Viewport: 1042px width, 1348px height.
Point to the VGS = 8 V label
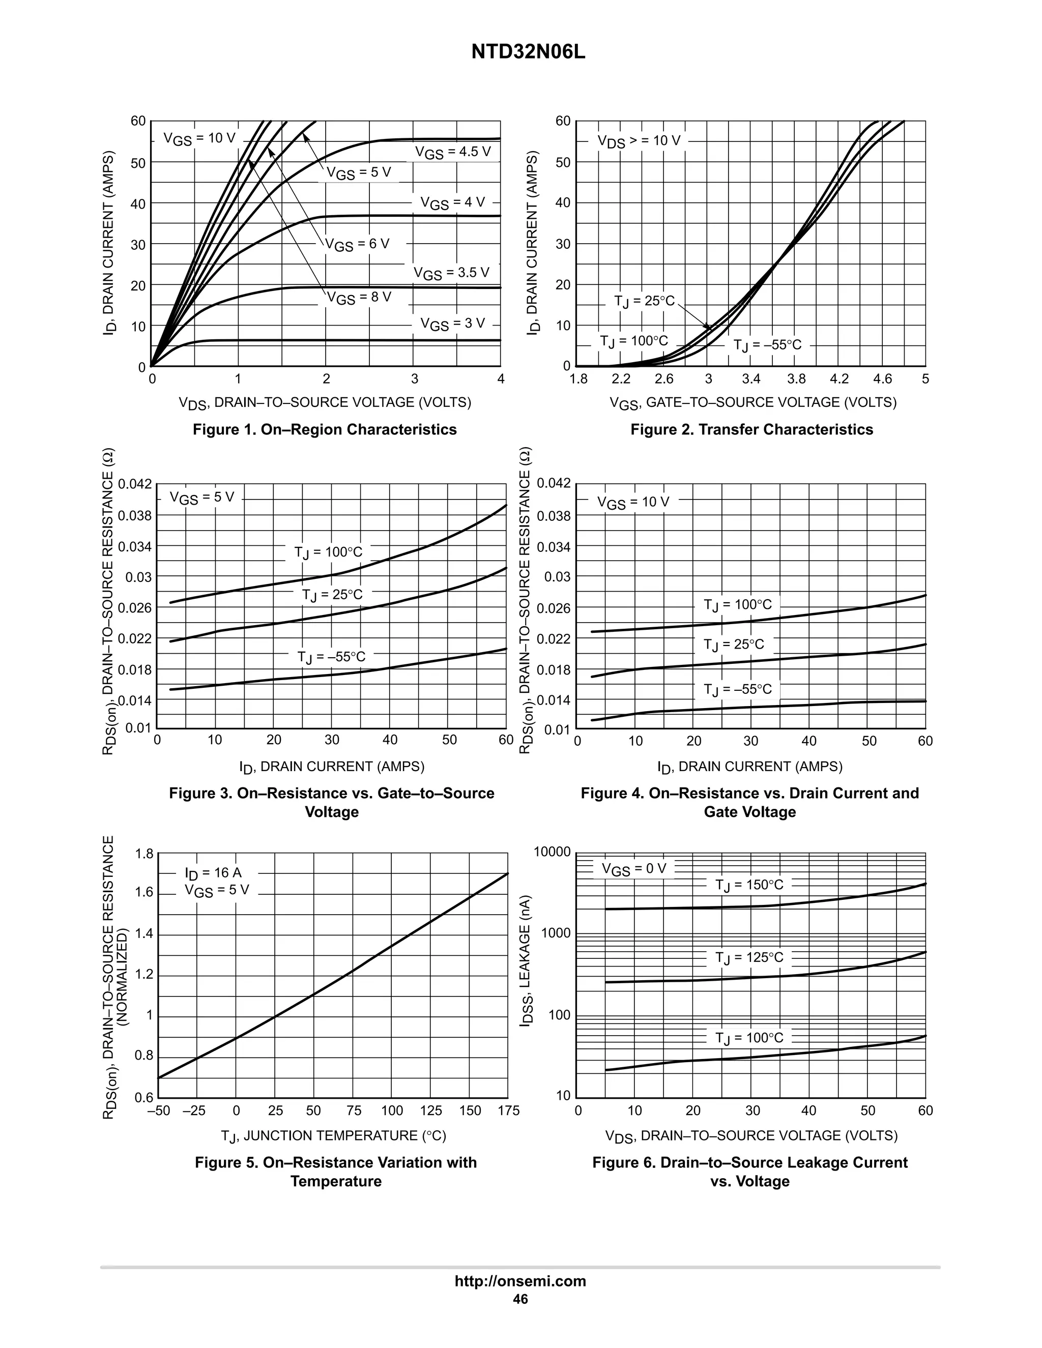[x=359, y=298]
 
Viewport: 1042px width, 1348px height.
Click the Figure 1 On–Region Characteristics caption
[x=325, y=430]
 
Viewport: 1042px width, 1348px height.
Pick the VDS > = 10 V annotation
[x=639, y=141]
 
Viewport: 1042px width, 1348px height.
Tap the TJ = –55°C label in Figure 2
[x=767, y=344]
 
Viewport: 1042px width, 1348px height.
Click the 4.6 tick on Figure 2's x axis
[x=883, y=379]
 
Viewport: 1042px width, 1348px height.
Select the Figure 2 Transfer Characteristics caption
[x=751, y=430]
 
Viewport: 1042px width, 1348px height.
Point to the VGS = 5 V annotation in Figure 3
[x=202, y=497]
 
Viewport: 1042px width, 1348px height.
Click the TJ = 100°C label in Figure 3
[x=328, y=552]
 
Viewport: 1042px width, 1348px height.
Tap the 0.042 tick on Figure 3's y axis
[x=134, y=484]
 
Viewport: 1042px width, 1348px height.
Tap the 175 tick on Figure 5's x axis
[x=508, y=1111]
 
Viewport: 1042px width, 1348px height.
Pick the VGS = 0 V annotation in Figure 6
[x=634, y=869]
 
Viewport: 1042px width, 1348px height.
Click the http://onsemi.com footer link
[x=520, y=1281]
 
